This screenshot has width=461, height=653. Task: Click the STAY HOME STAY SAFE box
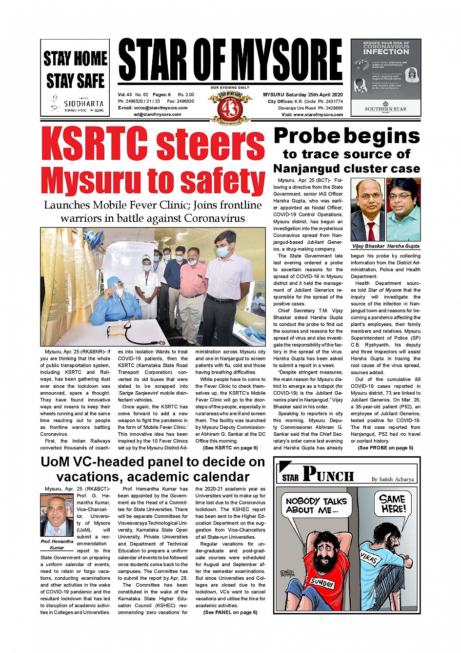[x=75, y=77]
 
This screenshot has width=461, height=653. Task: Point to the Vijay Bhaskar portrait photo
[x=368, y=210]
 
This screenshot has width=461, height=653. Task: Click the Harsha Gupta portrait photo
[x=403, y=210]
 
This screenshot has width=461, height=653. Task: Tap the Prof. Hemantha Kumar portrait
[x=57, y=516]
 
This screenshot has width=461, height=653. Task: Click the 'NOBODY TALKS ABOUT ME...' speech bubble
[x=316, y=506]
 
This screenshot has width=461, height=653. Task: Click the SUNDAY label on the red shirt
[x=322, y=583]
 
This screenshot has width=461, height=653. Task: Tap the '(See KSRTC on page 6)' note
[x=230, y=448]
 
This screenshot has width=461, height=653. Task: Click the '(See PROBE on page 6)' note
[x=385, y=448]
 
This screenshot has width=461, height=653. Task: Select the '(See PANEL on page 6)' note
[x=230, y=612]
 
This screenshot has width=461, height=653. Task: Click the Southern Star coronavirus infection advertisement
[x=386, y=77]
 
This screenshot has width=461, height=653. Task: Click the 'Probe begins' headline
[x=347, y=136]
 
